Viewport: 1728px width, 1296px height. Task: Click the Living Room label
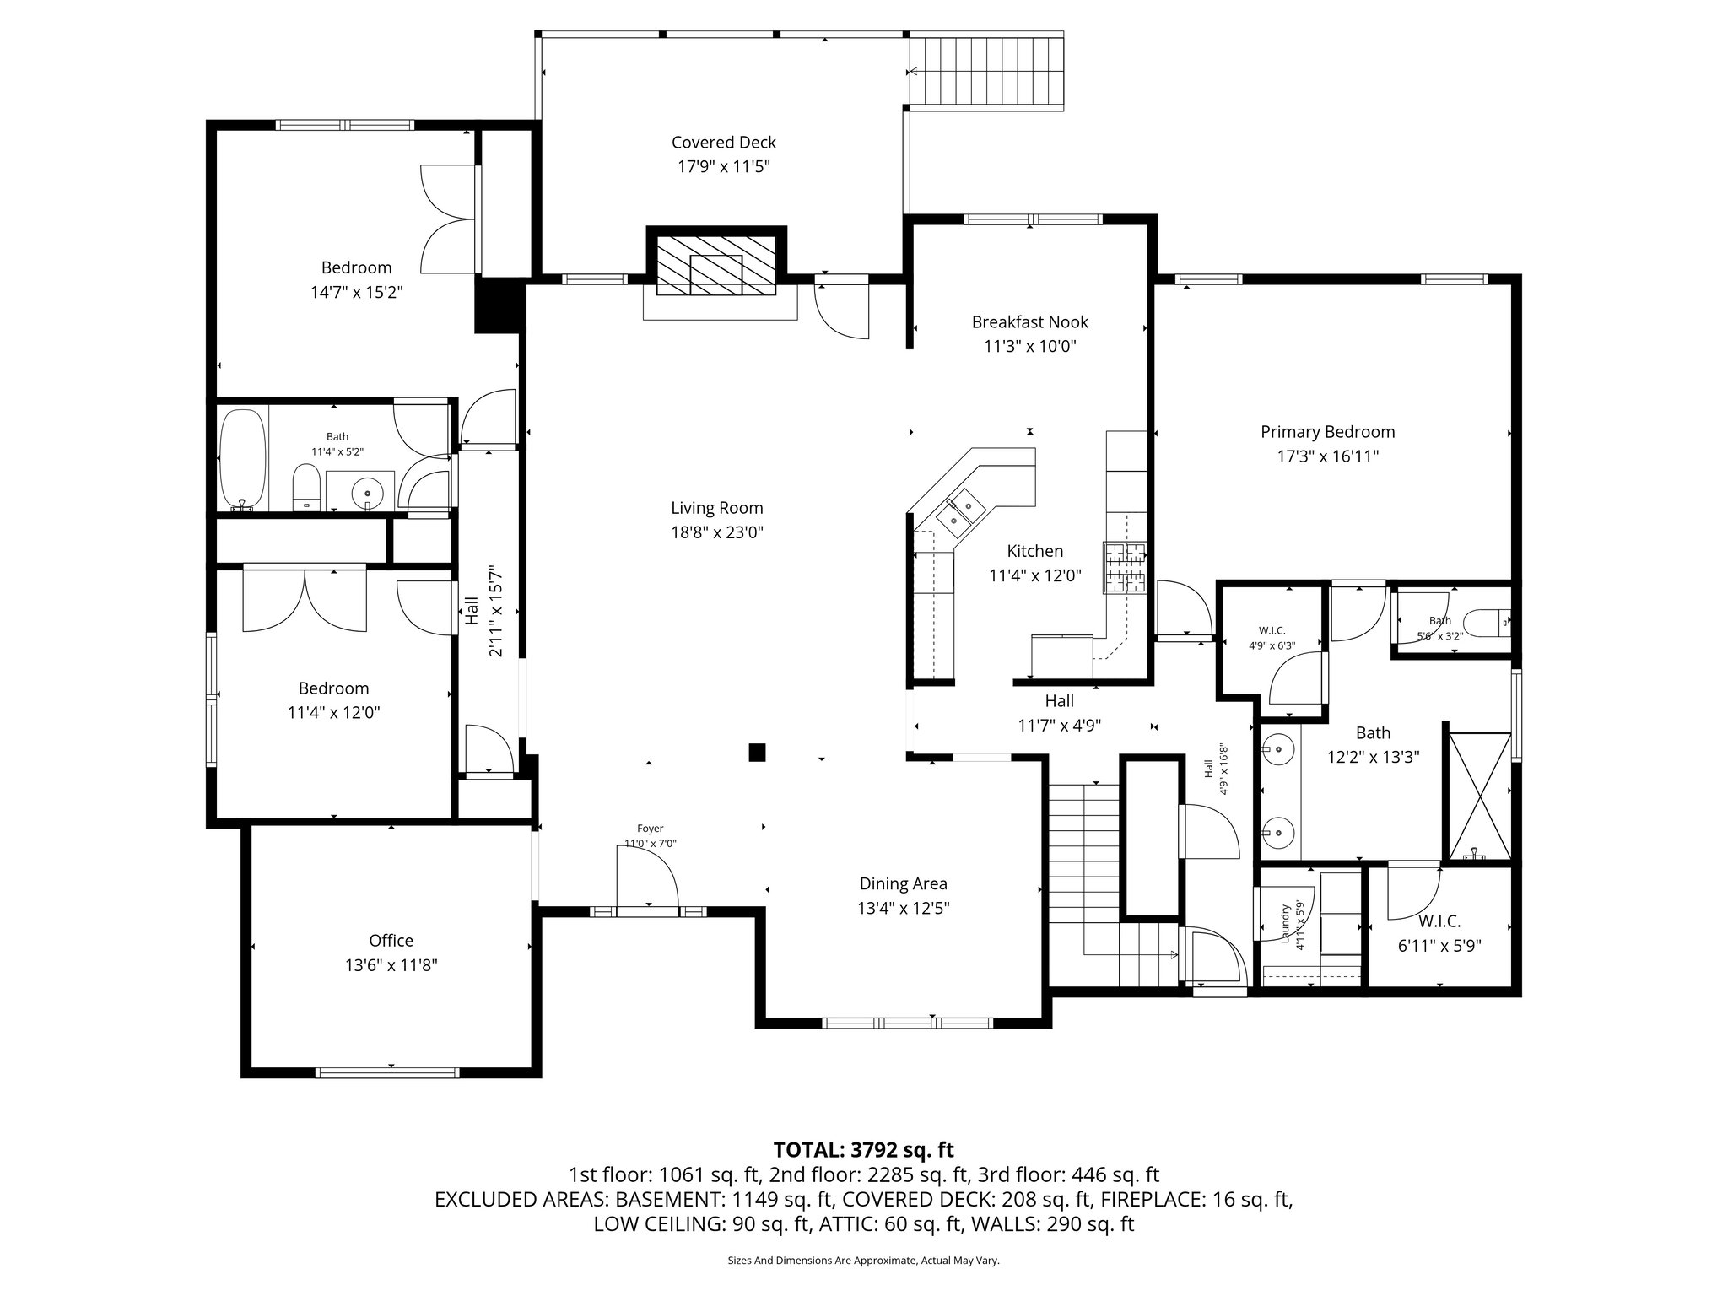click(x=716, y=508)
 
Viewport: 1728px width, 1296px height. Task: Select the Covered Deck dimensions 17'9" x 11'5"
click(x=723, y=167)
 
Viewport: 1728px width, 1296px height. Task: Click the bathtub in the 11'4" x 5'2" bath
click(x=243, y=459)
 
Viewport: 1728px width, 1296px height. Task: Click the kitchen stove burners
click(x=1124, y=567)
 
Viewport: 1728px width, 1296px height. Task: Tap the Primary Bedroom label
click(x=1327, y=432)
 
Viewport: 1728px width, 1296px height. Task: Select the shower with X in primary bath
click(x=1480, y=796)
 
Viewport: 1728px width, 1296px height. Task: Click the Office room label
click(x=391, y=940)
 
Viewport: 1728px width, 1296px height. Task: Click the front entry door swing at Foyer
click(x=648, y=877)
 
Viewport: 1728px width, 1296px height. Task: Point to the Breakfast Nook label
click(x=1029, y=321)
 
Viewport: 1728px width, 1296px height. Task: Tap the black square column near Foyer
click(x=758, y=752)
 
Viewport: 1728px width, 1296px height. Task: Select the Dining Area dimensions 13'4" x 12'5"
click(x=903, y=908)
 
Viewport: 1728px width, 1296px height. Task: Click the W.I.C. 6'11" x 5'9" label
click(x=1439, y=922)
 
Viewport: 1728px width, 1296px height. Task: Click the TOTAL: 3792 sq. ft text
click(x=863, y=1149)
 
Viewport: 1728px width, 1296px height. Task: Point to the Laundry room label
click(x=1285, y=926)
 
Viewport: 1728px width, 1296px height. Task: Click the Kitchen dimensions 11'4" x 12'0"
click(x=1034, y=575)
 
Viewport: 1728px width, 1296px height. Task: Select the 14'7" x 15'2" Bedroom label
click(x=356, y=267)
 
